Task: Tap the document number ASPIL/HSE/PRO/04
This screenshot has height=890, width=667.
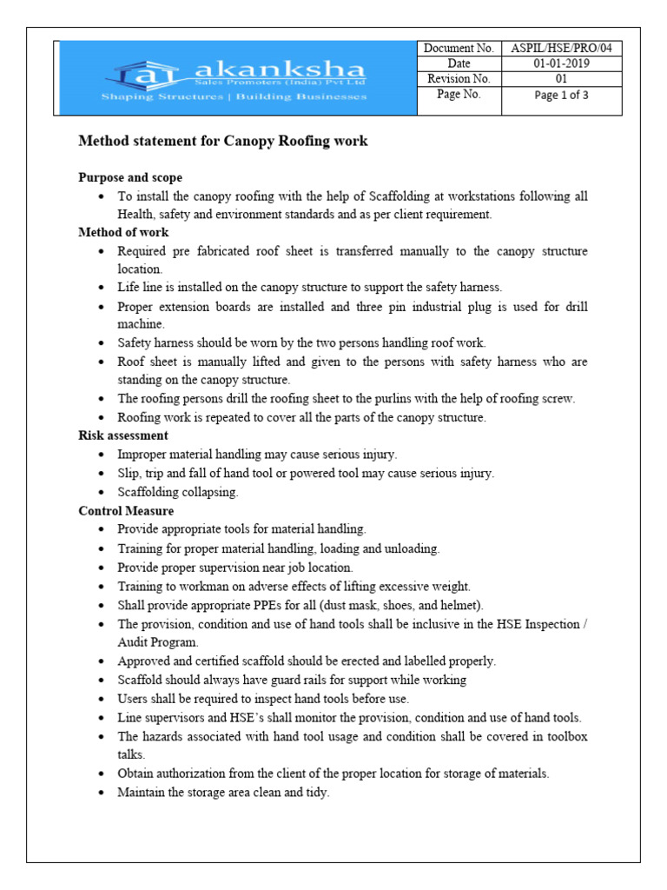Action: (x=562, y=49)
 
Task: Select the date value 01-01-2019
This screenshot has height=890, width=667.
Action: (x=562, y=64)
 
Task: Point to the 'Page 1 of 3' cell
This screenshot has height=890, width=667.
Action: (x=562, y=96)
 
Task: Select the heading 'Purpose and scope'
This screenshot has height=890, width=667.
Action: (x=130, y=177)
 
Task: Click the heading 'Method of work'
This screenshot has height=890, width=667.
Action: (x=123, y=232)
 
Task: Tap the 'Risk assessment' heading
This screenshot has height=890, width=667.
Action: (x=123, y=435)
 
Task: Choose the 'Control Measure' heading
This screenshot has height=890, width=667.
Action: (x=126, y=511)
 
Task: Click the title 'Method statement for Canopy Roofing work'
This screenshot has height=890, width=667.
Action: (x=223, y=141)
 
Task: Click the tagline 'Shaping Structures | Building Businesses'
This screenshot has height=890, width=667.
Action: (x=234, y=96)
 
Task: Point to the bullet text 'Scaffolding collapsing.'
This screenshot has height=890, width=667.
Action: (x=178, y=492)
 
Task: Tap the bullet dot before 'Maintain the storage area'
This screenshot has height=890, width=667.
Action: (x=102, y=794)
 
